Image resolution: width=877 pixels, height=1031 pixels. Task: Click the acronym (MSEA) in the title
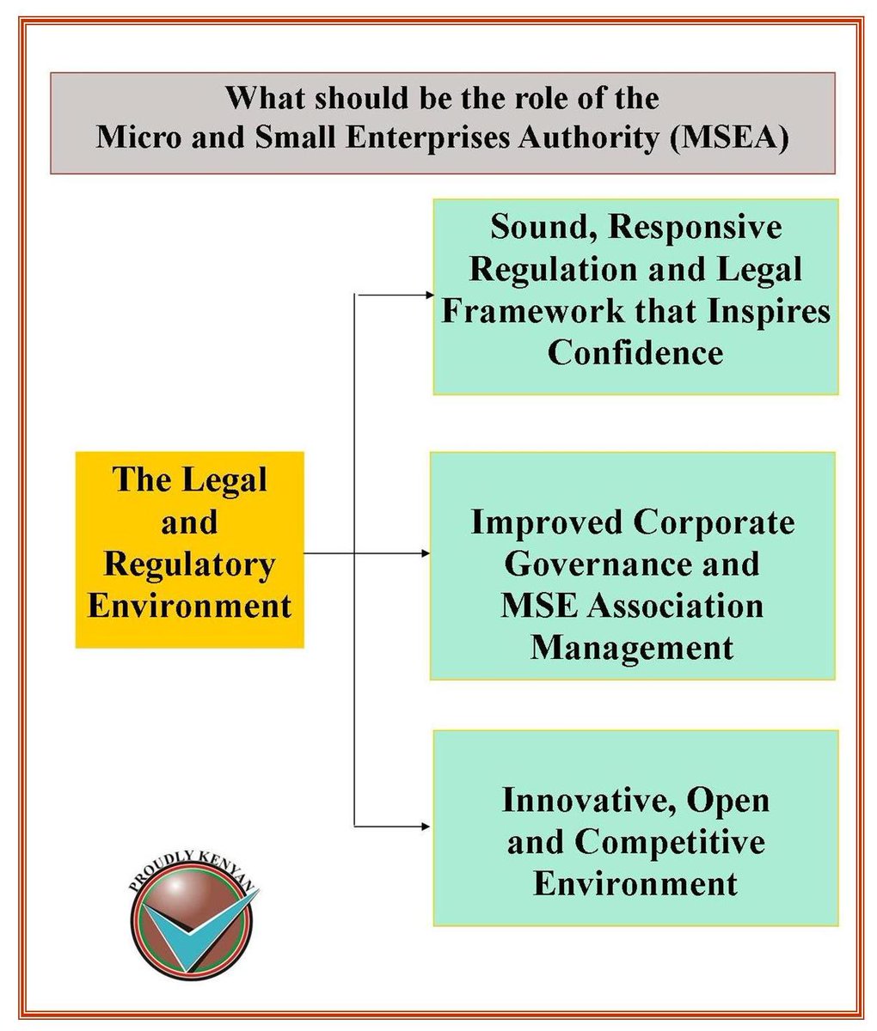point(728,137)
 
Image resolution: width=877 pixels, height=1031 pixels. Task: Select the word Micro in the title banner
point(138,137)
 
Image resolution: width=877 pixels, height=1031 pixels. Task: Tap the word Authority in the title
point(588,138)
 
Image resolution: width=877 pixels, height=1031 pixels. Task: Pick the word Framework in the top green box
point(533,311)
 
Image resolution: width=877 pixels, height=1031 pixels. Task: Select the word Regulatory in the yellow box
point(189,565)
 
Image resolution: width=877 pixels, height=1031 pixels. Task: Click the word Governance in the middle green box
point(598,564)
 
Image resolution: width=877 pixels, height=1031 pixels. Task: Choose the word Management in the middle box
point(631,650)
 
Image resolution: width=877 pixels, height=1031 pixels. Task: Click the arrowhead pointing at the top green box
point(429,296)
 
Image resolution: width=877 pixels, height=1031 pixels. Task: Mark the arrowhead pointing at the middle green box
point(426,553)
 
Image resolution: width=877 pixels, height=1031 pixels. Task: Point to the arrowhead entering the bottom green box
point(426,827)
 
